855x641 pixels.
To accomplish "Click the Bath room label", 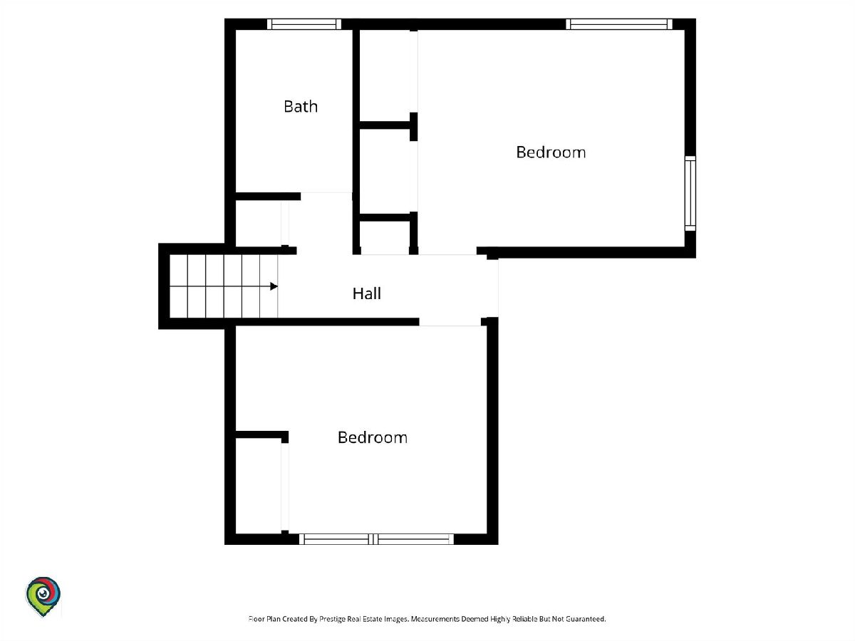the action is (301, 106).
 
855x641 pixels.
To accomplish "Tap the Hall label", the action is (366, 293).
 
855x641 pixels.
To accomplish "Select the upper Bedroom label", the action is (551, 152).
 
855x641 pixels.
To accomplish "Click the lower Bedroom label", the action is (373, 437).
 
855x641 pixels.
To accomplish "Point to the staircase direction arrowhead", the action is (274, 286).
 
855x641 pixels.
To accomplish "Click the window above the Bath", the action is (304, 24).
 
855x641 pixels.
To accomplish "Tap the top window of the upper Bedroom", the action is (619, 24).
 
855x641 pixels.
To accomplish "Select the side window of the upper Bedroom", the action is (690, 194).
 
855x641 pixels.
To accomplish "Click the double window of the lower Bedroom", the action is (376, 539).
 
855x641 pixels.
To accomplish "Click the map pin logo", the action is (43, 596).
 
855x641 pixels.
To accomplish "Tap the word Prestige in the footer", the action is (331, 619).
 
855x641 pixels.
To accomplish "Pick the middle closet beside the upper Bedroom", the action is (385, 172).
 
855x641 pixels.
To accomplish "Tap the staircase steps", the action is (224, 286).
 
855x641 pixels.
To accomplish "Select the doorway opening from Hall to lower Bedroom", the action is (450, 322).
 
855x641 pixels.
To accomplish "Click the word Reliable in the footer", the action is (524, 619).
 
